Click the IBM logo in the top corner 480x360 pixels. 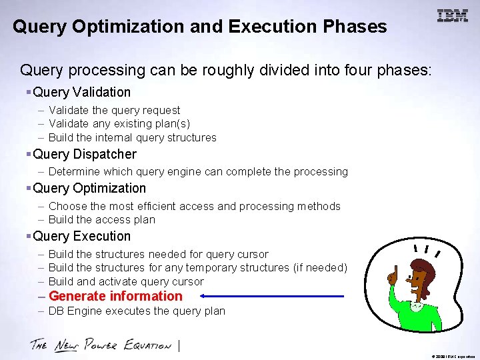(453, 16)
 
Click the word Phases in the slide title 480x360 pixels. (355, 27)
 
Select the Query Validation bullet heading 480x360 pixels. (81, 92)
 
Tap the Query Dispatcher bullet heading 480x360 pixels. (84, 154)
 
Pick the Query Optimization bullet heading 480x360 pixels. (89, 188)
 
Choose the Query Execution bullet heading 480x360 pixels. (81, 236)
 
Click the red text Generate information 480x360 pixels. (115, 296)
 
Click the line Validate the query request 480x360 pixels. (114, 110)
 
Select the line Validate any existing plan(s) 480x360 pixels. (119, 123)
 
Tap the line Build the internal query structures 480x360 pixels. (132, 137)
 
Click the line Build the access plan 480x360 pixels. (101, 219)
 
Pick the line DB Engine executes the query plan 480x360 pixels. (137, 311)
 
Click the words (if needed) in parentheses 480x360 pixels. (320, 267)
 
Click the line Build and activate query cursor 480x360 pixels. (126, 281)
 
